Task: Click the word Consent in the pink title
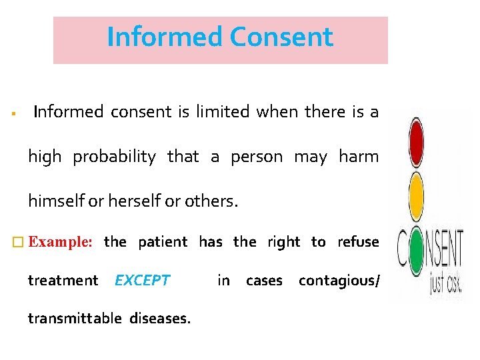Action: pyautogui.click(x=281, y=37)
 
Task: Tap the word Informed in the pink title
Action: pyautogui.click(x=165, y=37)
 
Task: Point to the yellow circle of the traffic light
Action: pyautogui.click(x=416, y=192)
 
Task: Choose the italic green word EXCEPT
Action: pyautogui.click(x=142, y=281)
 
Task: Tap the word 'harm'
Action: pyautogui.click(x=358, y=157)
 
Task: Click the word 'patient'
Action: pyautogui.click(x=163, y=242)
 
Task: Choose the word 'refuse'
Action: pyautogui.click(x=358, y=242)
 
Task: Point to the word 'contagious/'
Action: pyautogui.click(x=339, y=281)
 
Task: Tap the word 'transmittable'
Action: pyautogui.click(x=74, y=319)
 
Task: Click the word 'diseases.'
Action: pyautogui.click(x=161, y=319)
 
